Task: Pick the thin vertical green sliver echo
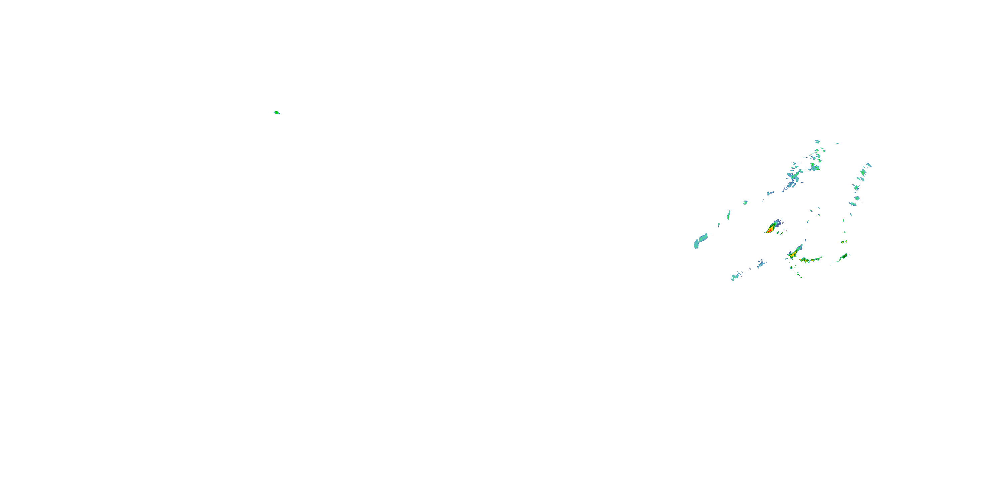pyautogui.click(x=728, y=215)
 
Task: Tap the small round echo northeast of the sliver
pyautogui.click(x=745, y=202)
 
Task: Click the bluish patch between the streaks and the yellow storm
pyautogui.click(x=761, y=264)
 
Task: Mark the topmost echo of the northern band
pyautogui.click(x=817, y=141)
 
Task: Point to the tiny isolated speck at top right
pyautogui.click(x=837, y=143)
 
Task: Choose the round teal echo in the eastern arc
pyautogui.click(x=857, y=198)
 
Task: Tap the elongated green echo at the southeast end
pyautogui.click(x=843, y=257)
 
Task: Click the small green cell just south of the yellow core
pyautogui.click(x=792, y=268)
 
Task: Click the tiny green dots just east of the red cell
pyautogui.click(x=781, y=233)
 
